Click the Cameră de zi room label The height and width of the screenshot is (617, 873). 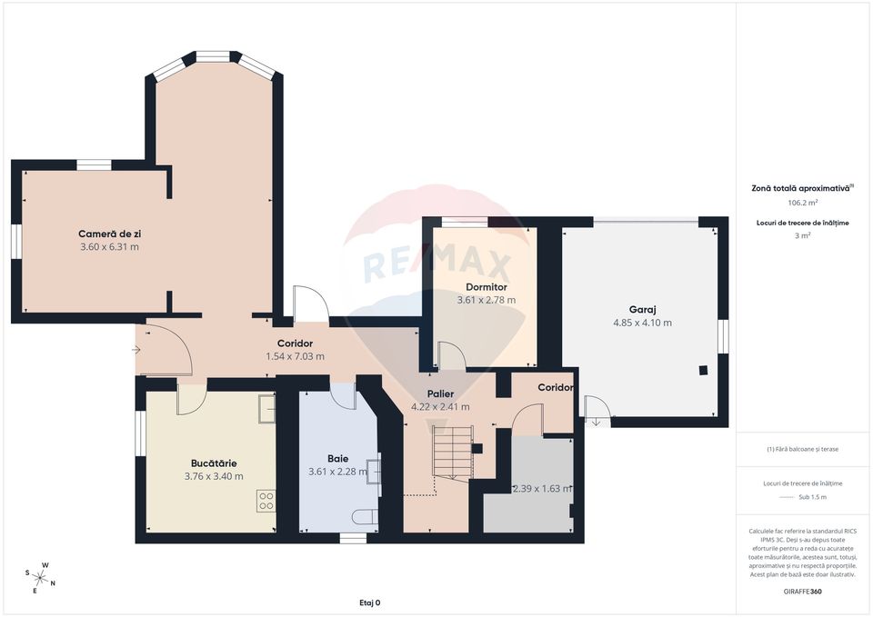(x=109, y=234)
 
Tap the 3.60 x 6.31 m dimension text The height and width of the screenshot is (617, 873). (x=109, y=247)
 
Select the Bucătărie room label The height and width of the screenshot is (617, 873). (x=214, y=463)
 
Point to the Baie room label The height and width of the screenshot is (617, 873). (x=337, y=458)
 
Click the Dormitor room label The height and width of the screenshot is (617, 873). (x=486, y=286)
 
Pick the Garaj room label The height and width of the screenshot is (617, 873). (x=642, y=308)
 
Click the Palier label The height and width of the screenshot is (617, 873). (x=441, y=393)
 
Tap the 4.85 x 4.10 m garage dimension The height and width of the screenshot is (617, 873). (x=642, y=323)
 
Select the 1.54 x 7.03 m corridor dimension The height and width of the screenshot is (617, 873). (x=295, y=356)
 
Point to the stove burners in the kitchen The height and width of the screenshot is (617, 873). (x=266, y=501)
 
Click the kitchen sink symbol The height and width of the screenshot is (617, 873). (x=266, y=408)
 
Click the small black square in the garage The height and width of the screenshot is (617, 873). (x=703, y=370)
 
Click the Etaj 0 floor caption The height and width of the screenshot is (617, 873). (x=369, y=602)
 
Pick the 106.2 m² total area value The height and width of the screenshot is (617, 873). (x=801, y=203)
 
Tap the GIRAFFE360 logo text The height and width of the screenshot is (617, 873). (x=801, y=592)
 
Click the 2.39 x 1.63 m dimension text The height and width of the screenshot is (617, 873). (x=541, y=488)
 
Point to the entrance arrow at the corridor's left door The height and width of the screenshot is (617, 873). (x=137, y=348)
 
